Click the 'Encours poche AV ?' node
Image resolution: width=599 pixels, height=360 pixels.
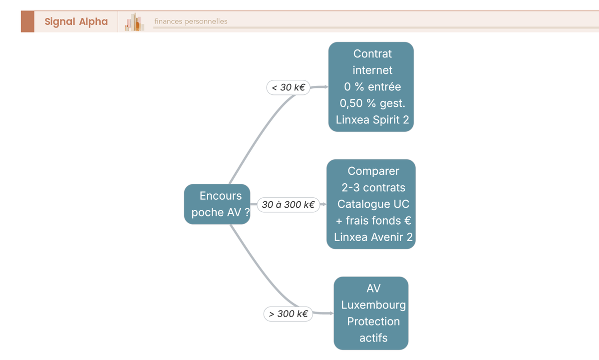pos(217,204)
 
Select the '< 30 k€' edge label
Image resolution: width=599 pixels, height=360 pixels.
pos(289,87)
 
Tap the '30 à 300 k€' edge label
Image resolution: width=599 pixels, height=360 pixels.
pos(289,205)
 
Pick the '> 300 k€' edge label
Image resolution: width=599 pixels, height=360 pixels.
pos(289,314)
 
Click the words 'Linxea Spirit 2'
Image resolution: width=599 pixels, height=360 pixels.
pos(372,120)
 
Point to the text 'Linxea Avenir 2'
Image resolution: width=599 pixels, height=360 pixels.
pos(373,237)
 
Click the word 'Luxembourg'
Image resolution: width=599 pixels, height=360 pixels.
pos(373,305)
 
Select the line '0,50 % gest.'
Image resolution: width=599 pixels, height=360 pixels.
pos(372,103)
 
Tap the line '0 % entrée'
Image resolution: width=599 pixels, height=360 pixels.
pos(372,87)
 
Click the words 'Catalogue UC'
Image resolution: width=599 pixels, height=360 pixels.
pos(373,204)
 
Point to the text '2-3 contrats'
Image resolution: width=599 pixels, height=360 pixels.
pos(373,187)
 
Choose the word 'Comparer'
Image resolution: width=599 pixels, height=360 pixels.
pos(373,171)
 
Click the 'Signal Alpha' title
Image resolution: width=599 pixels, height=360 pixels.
pos(76,21)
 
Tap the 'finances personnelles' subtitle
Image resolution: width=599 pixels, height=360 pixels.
pos(191,21)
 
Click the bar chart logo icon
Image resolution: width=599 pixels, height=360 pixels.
pos(134,22)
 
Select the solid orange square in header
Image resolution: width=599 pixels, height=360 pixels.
pos(27,21)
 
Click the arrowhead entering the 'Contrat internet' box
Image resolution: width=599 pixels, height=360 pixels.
pos(325,87)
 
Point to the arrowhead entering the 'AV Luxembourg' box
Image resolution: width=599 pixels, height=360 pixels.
pos(331,313)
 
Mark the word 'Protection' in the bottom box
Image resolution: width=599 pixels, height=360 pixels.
pos(373,322)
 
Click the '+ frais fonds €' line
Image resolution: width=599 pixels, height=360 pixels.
pos(373,221)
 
